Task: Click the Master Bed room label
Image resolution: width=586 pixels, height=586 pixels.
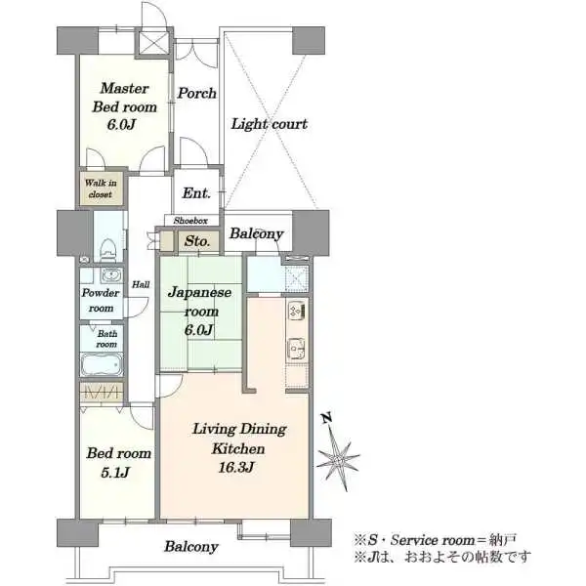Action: point(124,106)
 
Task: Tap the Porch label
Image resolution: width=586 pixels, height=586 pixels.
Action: point(196,93)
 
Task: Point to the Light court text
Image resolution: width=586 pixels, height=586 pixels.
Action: point(270,124)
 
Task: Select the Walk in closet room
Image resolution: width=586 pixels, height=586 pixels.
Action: point(101,188)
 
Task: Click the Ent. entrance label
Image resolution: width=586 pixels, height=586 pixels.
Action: point(196,192)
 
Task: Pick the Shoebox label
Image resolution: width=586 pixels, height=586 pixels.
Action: point(190,221)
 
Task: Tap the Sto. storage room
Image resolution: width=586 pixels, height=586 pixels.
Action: point(197,241)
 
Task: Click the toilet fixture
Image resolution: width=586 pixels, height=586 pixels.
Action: point(109,249)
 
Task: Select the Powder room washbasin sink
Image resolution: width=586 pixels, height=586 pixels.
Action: point(111,275)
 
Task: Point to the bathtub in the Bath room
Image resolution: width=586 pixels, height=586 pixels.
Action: point(102,363)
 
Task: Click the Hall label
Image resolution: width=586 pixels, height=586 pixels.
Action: point(141,285)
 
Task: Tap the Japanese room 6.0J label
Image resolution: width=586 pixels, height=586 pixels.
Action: point(199,311)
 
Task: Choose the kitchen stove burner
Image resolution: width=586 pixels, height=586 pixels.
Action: point(297,311)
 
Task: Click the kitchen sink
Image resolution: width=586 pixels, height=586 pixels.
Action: point(297,349)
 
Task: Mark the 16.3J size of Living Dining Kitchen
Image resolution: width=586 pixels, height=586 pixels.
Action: point(236,467)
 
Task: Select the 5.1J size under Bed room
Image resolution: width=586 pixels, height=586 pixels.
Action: point(115,473)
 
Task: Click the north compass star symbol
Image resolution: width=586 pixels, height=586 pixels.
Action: point(338,459)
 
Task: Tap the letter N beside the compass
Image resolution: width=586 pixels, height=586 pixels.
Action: point(327,418)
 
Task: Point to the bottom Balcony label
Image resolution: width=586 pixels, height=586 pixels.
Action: point(191,546)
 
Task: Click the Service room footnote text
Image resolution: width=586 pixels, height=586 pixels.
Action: point(436,540)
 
